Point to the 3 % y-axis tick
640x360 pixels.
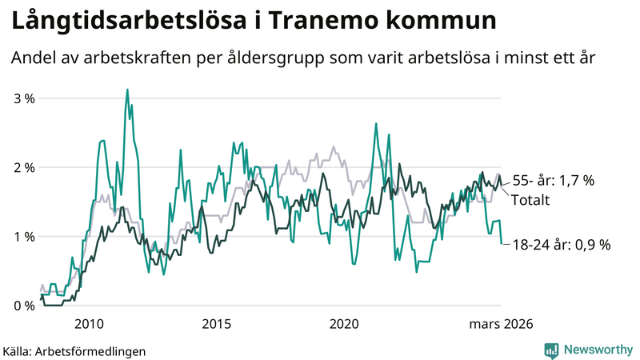pyautogui.click(x=24, y=98)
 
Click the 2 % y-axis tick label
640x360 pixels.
pyautogui.click(x=24, y=168)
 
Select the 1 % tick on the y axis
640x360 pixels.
pyautogui.click(x=24, y=237)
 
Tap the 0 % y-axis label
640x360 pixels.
pyautogui.click(x=24, y=306)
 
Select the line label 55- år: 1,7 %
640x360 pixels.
pyautogui.click(x=553, y=181)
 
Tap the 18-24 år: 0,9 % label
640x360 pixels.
pyautogui.click(x=561, y=245)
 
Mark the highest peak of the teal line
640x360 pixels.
pyautogui.click(x=127, y=90)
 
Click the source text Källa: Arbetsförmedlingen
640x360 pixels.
pyautogui.click(x=63, y=350)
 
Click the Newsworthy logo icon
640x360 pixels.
pyautogui.click(x=551, y=350)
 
